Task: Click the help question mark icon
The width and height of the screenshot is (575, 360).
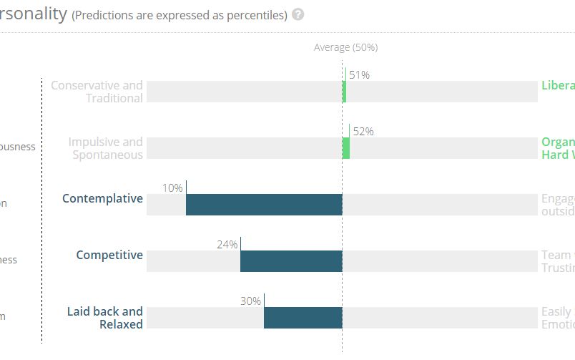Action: point(298,14)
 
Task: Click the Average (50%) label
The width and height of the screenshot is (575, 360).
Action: point(345,47)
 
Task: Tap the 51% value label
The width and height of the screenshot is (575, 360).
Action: point(359,74)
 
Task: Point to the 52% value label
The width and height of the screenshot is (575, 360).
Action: point(363,131)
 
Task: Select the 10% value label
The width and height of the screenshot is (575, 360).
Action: point(172,188)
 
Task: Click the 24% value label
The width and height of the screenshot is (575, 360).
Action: point(227,244)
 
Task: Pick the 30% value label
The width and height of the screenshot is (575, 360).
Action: point(250,301)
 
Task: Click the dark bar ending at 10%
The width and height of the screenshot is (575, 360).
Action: point(264,205)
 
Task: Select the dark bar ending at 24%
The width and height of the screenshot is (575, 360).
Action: point(291,261)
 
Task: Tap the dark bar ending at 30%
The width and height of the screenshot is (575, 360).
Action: point(303,318)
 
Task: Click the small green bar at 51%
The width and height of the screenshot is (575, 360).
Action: point(344,92)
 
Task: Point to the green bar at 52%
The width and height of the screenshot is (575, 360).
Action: point(346,148)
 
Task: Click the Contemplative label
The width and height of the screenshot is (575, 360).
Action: point(102,198)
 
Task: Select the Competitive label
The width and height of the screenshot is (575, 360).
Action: point(109,255)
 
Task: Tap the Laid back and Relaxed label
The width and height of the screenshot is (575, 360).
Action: point(105,318)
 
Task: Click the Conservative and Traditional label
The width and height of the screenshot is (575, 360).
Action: point(97,92)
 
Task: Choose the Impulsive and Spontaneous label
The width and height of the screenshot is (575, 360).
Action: point(106,148)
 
